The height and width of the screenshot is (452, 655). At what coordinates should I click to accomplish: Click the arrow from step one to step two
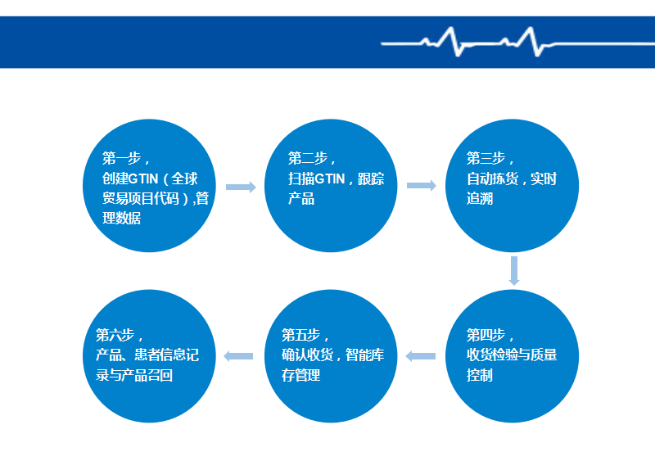[241, 187]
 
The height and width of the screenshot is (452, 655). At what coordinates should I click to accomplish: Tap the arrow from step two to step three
[422, 186]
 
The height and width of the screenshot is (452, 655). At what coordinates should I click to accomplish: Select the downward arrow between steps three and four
[514, 271]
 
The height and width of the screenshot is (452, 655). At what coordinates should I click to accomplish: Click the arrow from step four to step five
[421, 356]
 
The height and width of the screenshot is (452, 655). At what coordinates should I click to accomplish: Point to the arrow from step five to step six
[238, 356]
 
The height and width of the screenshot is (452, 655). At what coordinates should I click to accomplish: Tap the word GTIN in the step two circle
[330, 179]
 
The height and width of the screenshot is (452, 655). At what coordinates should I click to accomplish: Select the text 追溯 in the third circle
[480, 198]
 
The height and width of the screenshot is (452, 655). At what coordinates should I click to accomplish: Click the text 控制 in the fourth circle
[480, 375]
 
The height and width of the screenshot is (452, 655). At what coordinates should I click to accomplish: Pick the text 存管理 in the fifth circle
[300, 375]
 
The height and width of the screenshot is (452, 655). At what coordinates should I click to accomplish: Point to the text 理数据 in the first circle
[121, 218]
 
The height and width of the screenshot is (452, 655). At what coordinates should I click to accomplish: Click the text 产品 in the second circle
[301, 198]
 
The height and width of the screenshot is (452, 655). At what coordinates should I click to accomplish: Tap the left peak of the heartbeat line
[451, 29]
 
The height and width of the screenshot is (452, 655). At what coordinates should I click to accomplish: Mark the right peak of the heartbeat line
[531, 29]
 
